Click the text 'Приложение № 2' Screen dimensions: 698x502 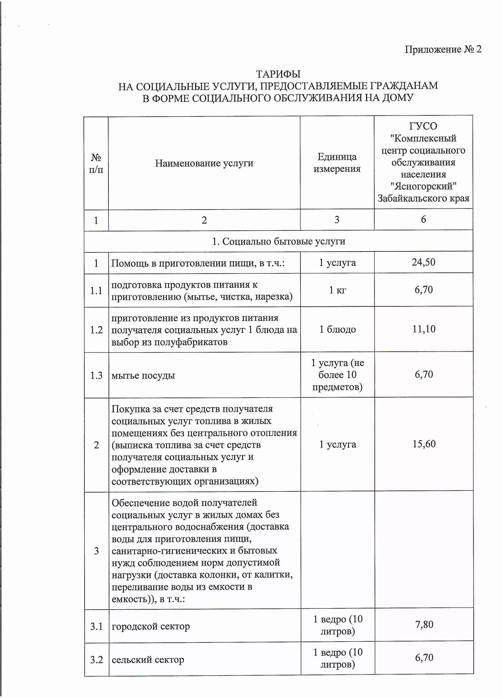(443, 49)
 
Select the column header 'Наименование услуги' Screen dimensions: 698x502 (204, 163)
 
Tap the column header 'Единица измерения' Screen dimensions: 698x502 (337, 163)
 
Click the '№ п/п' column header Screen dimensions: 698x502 (96, 163)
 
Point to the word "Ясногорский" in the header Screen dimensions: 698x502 (423, 186)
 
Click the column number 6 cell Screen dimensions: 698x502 (423, 219)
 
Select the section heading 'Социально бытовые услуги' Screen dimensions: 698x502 (278, 241)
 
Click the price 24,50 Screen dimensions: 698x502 (424, 262)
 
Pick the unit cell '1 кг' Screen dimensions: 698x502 (337, 290)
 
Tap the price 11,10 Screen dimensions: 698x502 (424, 329)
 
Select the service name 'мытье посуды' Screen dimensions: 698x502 (143, 376)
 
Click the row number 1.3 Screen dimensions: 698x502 (96, 376)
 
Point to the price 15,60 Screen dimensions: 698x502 (424, 444)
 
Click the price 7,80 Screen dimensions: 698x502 (424, 624)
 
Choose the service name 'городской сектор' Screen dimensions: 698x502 (151, 626)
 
